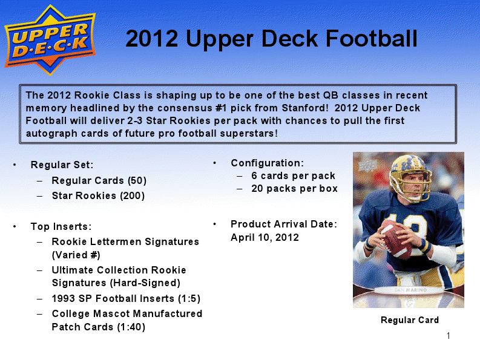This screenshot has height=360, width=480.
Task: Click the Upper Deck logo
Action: coord(50,40)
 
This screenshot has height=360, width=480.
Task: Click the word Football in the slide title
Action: coord(371,39)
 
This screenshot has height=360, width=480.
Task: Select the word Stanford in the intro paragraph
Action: coord(305,108)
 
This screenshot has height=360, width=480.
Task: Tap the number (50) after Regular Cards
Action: coord(137,181)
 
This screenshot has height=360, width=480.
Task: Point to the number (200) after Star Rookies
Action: coord(132,195)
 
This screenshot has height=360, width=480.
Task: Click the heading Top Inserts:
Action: coord(61,226)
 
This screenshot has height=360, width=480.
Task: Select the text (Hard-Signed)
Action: coord(145,283)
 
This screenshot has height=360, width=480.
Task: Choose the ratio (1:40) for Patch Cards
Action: coord(131,327)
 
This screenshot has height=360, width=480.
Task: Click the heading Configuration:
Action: coord(268,163)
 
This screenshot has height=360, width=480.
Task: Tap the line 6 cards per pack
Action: coord(293,176)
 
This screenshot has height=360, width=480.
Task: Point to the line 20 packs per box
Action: coord(295,189)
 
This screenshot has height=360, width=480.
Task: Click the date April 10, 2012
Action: coord(265,238)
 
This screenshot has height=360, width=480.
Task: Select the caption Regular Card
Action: coord(410,320)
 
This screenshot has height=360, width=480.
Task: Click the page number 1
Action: coord(449,336)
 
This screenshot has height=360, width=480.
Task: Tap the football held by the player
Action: coord(396,240)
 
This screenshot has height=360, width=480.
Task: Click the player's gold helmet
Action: coord(411,174)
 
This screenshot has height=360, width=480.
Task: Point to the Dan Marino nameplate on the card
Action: coord(410,290)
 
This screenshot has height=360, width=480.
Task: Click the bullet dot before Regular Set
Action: coord(15,165)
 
